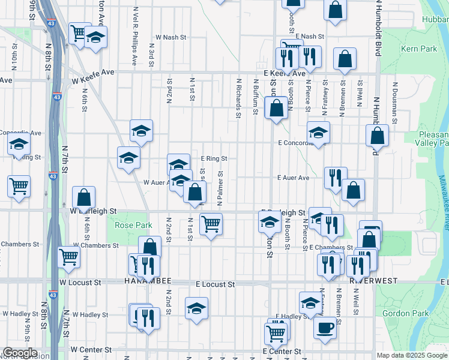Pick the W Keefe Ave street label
click(93, 72)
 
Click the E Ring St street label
click(214, 158)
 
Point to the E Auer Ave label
click(293, 178)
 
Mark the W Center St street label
click(91, 349)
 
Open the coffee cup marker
click(325, 328)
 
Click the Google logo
click(20, 353)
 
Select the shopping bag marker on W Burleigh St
click(84, 197)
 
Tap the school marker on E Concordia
click(318, 132)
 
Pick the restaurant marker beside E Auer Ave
click(335, 177)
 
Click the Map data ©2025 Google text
click(412, 355)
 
